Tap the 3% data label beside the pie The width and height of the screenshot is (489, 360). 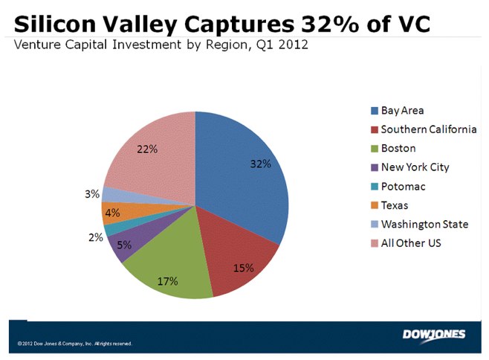(x=92, y=194)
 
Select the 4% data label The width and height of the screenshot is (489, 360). (x=112, y=212)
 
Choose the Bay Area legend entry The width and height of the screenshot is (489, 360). (x=402, y=111)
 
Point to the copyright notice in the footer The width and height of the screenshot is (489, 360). (x=74, y=344)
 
